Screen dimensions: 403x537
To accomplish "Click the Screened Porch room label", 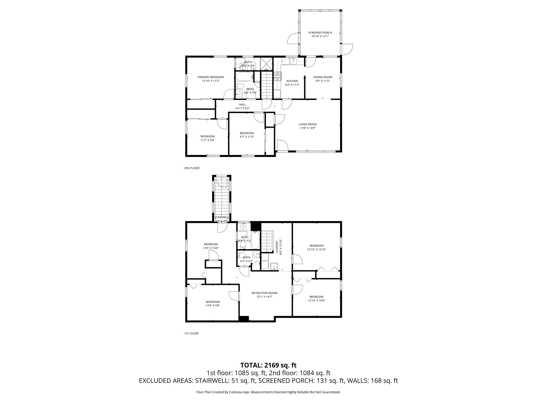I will (320, 33).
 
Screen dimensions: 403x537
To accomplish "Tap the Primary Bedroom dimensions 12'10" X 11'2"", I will (211, 81).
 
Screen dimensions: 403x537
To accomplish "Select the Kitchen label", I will (292, 81).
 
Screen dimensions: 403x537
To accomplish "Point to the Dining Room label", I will (323, 77).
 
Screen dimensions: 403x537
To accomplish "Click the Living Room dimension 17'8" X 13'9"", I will (307, 128).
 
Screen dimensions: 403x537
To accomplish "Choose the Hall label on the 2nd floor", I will (242, 104).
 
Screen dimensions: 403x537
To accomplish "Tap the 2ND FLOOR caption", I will (191, 168).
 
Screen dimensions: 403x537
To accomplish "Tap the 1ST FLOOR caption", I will (191, 333).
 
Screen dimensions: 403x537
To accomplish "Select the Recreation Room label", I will (264, 293).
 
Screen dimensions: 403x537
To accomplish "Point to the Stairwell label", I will (221, 217).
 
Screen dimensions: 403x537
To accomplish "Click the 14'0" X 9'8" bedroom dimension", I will (212, 305).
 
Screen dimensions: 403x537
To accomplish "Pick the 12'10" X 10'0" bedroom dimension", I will (316, 301).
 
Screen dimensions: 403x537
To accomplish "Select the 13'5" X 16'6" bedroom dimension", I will (211, 248).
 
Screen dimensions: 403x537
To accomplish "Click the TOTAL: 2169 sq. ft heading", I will (268, 365).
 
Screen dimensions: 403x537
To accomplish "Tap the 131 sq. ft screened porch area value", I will (326, 381).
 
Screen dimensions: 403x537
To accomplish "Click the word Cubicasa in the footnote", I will (233, 392).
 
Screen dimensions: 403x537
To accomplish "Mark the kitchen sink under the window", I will (293, 61).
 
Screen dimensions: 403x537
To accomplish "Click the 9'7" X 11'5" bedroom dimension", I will (247, 137).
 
